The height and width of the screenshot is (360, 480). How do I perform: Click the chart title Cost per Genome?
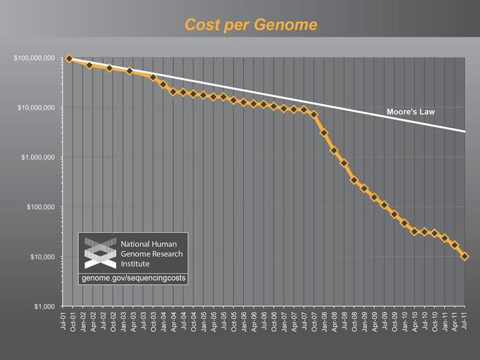[x=250, y=25]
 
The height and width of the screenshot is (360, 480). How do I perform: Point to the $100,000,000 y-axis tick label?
[x=34, y=58]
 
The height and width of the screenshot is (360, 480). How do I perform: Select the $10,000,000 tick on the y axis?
[x=37, y=108]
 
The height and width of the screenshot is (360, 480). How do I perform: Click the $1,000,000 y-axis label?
[x=39, y=157]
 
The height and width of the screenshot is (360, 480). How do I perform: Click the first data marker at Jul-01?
[x=69, y=58]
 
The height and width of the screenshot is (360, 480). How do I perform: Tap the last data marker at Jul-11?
[x=465, y=257]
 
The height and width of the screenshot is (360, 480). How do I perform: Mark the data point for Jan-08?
[x=324, y=132]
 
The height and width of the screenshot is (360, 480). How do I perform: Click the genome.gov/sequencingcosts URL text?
[x=134, y=279]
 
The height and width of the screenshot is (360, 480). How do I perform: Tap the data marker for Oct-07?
[x=314, y=115]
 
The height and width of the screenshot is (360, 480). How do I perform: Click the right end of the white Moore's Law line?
[x=464, y=131]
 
